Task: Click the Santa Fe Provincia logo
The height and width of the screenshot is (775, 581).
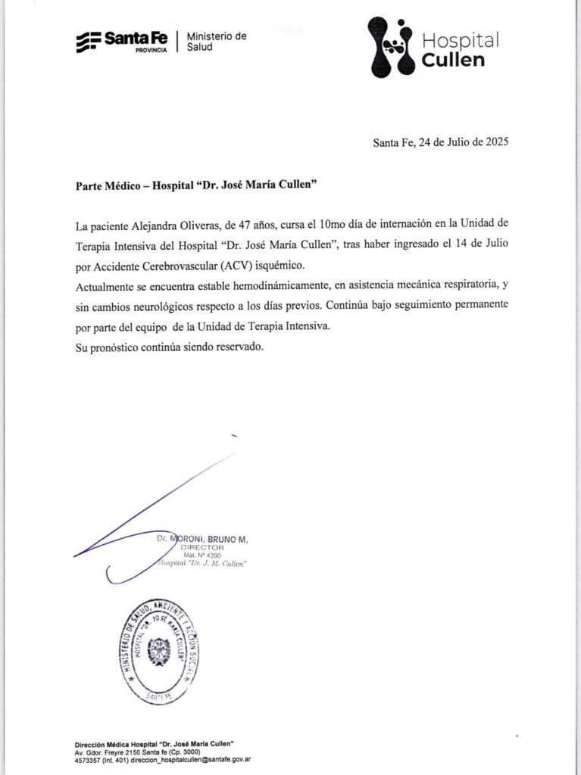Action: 123,41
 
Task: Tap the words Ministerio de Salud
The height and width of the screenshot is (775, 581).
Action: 216,41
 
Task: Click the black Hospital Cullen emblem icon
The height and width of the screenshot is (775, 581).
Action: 391,48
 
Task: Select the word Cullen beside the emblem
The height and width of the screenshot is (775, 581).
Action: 453,60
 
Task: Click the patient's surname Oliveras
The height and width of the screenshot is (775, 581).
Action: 214,225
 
